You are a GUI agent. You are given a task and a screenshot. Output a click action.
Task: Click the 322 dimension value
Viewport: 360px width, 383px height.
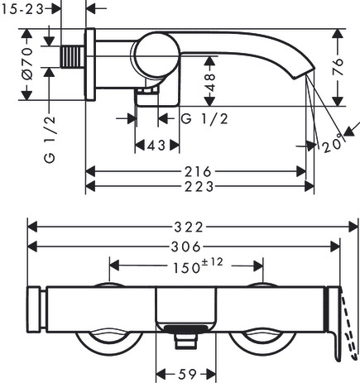pos(189,227)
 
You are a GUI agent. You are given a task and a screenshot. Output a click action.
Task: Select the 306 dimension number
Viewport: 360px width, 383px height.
pos(186,247)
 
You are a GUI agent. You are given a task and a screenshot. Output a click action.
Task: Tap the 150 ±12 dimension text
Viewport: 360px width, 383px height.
pos(198,266)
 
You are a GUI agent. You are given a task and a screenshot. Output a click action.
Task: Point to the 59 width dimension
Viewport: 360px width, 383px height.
pos(187,374)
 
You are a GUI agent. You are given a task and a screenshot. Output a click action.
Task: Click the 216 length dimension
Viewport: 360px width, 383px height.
pos(198,172)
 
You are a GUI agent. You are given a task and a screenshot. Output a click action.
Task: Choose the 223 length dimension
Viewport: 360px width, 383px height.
pos(199,186)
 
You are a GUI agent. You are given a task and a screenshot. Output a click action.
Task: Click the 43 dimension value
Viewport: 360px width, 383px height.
pos(156,146)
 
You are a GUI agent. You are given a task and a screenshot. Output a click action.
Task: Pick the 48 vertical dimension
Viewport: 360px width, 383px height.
pos(210,83)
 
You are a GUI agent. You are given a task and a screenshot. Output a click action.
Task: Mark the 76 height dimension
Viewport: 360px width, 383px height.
pos(338,67)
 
